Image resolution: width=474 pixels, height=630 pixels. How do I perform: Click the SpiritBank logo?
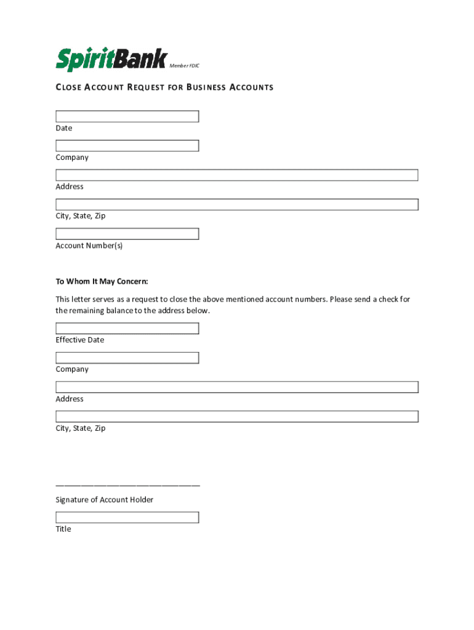coord(111,60)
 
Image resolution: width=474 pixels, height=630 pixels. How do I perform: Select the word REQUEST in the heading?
coord(146,87)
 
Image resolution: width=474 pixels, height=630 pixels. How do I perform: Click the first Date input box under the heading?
coord(127,116)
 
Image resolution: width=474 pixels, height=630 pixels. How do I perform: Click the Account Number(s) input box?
coord(127,234)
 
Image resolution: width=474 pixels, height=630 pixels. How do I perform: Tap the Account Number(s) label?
coord(89,245)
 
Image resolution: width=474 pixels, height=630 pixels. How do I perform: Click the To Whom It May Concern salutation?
coord(102,282)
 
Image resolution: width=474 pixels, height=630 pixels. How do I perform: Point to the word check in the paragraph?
coord(385,300)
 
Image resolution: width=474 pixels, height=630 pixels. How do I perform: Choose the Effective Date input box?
coord(127,328)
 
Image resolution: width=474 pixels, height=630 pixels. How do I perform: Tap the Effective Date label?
coord(80,340)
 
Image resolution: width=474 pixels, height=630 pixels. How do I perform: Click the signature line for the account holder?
coord(127,485)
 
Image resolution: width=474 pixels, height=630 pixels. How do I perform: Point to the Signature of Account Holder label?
coord(105,500)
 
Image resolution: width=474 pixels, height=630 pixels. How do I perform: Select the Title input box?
coord(127,517)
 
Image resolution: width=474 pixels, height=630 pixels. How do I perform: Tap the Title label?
coord(63,529)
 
